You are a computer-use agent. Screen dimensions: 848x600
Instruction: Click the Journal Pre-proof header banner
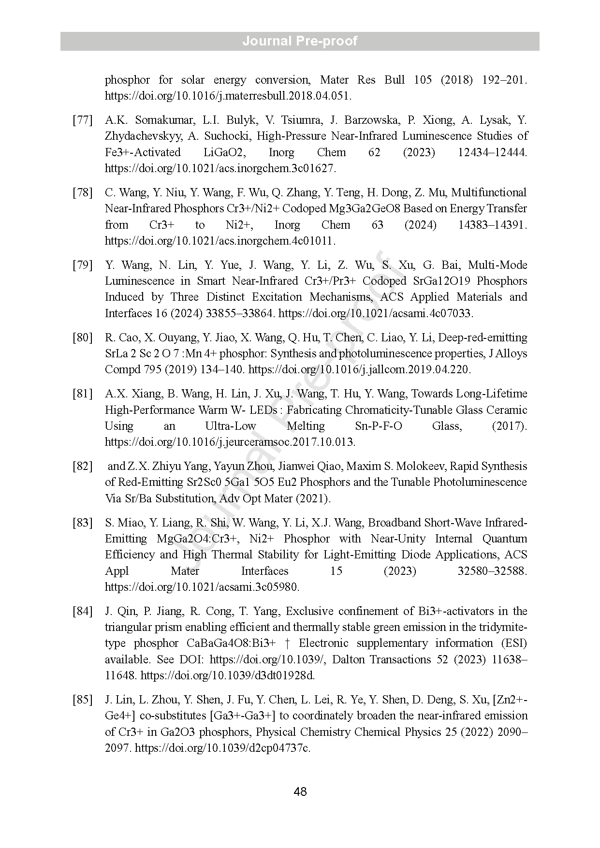[x=300, y=41]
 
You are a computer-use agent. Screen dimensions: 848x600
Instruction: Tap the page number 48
[x=300, y=791]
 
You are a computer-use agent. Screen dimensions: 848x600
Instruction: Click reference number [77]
[x=82, y=120]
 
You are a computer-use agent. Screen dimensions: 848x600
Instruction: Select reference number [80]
[x=82, y=337]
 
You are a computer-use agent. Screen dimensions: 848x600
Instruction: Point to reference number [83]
[x=82, y=523]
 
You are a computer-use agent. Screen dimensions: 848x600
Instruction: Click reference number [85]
[x=82, y=700]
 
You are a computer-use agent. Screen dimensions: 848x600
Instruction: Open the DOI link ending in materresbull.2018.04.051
[x=228, y=96]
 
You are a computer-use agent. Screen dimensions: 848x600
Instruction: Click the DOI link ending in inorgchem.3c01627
[x=220, y=168]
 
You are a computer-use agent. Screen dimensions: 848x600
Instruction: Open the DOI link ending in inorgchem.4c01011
[x=220, y=241]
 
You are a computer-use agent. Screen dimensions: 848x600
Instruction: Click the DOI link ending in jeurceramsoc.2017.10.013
[x=230, y=442]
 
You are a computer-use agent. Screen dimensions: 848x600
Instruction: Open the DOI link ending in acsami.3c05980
[x=202, y=587]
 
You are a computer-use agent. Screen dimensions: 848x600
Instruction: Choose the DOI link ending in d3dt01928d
[x=227, y=675]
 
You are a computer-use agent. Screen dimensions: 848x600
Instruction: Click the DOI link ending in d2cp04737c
[x=222, y=748]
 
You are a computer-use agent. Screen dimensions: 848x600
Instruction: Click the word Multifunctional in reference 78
[x=489, y=192]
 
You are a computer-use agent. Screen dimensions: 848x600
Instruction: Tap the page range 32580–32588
[x=492, y=571]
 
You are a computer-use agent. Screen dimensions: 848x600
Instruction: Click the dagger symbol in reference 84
[x=288, y=643]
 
